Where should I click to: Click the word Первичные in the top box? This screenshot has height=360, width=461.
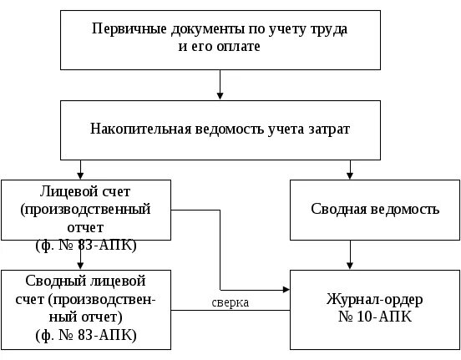(x=125, y=29)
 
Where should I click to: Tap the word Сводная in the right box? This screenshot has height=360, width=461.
(x=332, y=209)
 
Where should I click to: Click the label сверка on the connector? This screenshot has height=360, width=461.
(x=230, y=302)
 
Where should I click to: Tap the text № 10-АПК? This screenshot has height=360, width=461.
(x=374, y=317)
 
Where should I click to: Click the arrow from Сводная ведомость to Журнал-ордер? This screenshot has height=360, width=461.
(x=350, y=254)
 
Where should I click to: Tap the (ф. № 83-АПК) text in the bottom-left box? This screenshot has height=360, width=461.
(x=86, y=336)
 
